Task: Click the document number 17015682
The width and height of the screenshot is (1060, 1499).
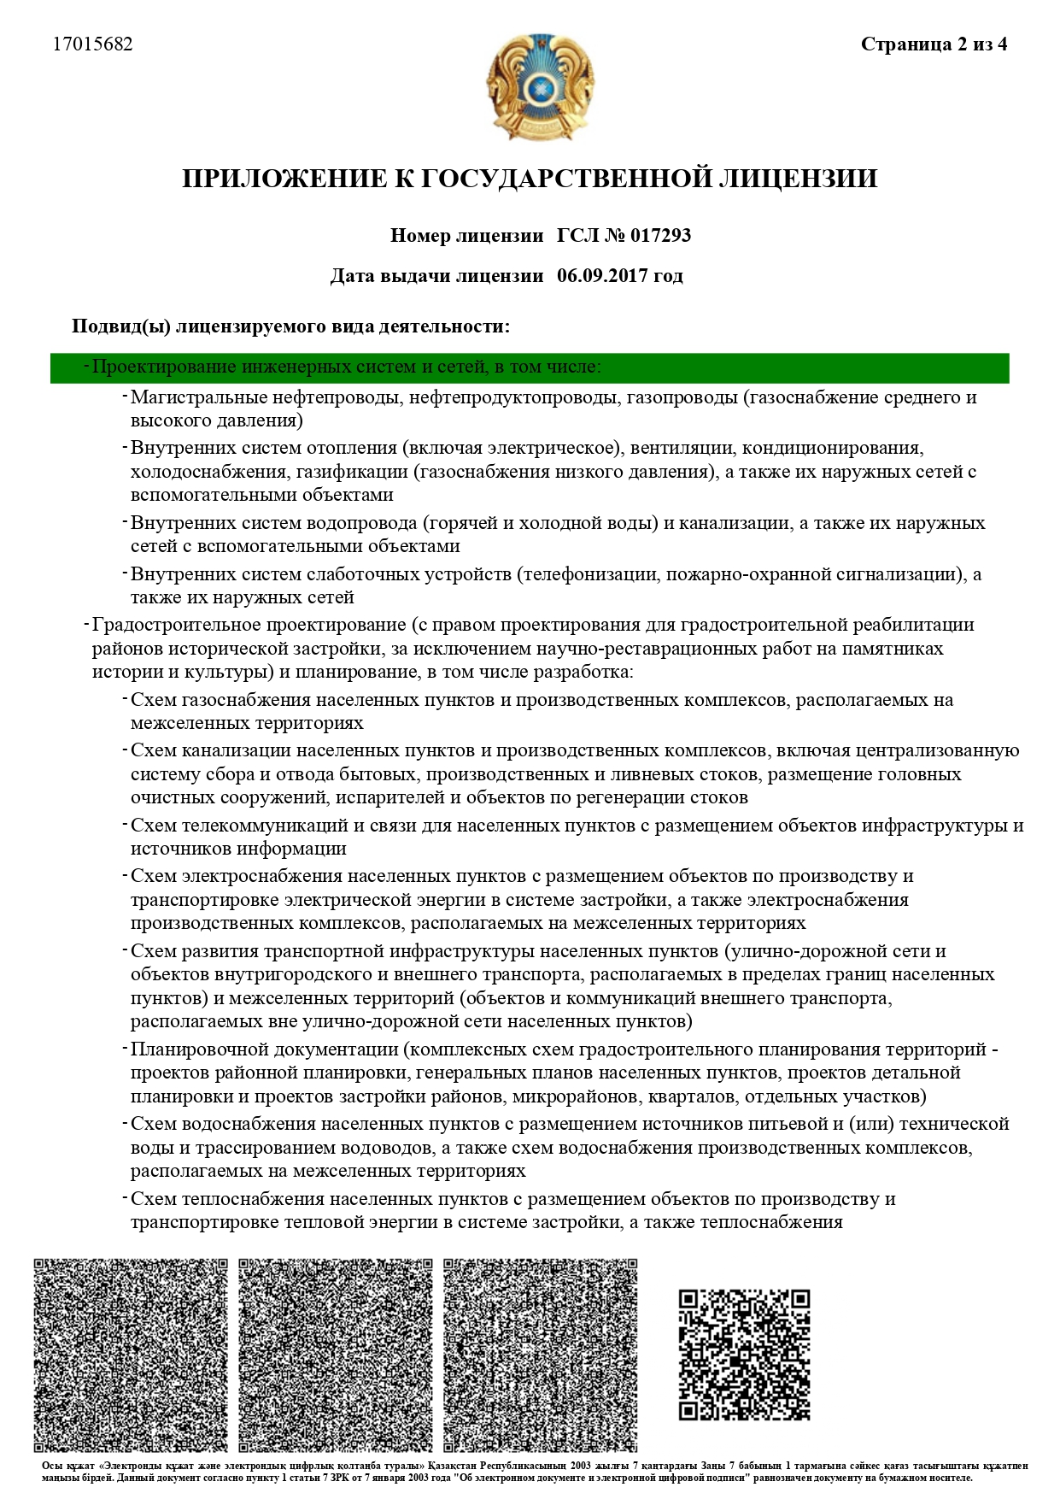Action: [93, 44]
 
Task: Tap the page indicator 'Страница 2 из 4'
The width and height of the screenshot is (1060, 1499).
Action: [934, 44]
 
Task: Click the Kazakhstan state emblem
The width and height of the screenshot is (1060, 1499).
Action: [539, 86]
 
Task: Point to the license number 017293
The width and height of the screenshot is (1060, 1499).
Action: [660, 236]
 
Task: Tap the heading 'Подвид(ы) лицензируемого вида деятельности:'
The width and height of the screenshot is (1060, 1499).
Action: [290, 326]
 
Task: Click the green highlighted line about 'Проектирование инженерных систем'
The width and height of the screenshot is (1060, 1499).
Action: [530, 367]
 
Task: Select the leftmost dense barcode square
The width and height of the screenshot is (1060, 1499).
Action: [131, 1355]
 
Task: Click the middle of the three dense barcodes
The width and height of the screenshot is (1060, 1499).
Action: [336, 1355]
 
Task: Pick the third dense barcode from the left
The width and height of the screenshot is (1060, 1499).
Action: [541, 1355]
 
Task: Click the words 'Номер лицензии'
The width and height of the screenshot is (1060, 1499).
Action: [466, 236]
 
